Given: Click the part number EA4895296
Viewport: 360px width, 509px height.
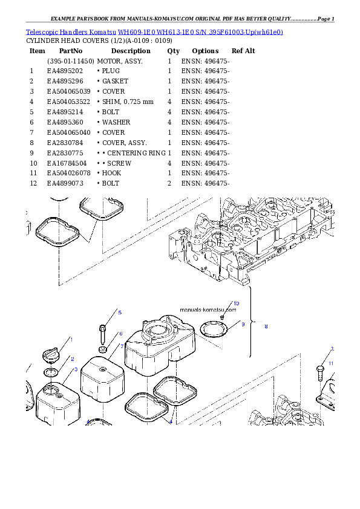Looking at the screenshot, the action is pyautogui.click(x=65, y=81).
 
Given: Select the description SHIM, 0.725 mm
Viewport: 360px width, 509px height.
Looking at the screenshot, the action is pyautogui.click(x=128, y=102).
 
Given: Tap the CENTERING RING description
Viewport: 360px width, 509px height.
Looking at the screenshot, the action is pyautogui.click(x=136, y=153).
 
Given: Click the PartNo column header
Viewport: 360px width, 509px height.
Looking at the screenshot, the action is pyautogui.click(x=71, y=51).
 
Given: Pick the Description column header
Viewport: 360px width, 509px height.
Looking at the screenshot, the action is pyautogui.click(x=131, y=51).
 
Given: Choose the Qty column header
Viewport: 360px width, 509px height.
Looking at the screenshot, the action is pyautogui.click(x=173, y=51).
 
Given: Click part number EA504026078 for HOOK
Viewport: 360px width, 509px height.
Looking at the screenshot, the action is pyautogui.click(x=68, y=173).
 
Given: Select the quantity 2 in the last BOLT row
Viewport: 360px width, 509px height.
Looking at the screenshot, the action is pyautogui.click(x=169, y=183).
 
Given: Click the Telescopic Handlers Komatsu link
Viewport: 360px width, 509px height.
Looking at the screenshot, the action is pyautogui.click(x=71, y=32).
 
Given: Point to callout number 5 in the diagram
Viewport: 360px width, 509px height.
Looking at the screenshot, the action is pyautogui.click(x=120, y=313).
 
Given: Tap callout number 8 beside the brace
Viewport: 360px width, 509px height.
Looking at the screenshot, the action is pyautogui.click(x=266, y=326).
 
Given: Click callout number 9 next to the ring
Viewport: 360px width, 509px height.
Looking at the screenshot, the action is pyautogui.click(x=243, y=324).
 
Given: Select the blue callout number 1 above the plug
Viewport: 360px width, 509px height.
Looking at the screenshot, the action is pyautogui.click(x=71, y=340).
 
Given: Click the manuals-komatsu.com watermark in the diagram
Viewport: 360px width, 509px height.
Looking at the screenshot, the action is pyautogui.click(x=208, y=310).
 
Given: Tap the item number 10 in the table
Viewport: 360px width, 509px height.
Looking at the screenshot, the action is pyautogui.click(x=33, y=163).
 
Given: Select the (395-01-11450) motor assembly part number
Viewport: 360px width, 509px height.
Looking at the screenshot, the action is pyautogui.click(x=71, y=61).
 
